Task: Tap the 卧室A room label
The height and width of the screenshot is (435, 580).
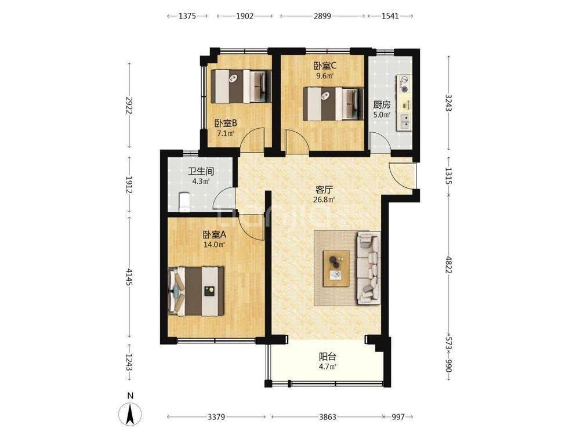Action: (x=213, y=235)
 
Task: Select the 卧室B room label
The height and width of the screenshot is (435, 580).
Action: (x=225, y=123)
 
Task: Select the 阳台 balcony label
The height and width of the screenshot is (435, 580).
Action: (x=328, y=357)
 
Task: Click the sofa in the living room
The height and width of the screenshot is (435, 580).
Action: (x=368, y=267)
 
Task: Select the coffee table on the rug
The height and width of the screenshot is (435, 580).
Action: (x=336, y=268)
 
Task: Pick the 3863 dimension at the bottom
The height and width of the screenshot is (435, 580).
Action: (x=325, y=417)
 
